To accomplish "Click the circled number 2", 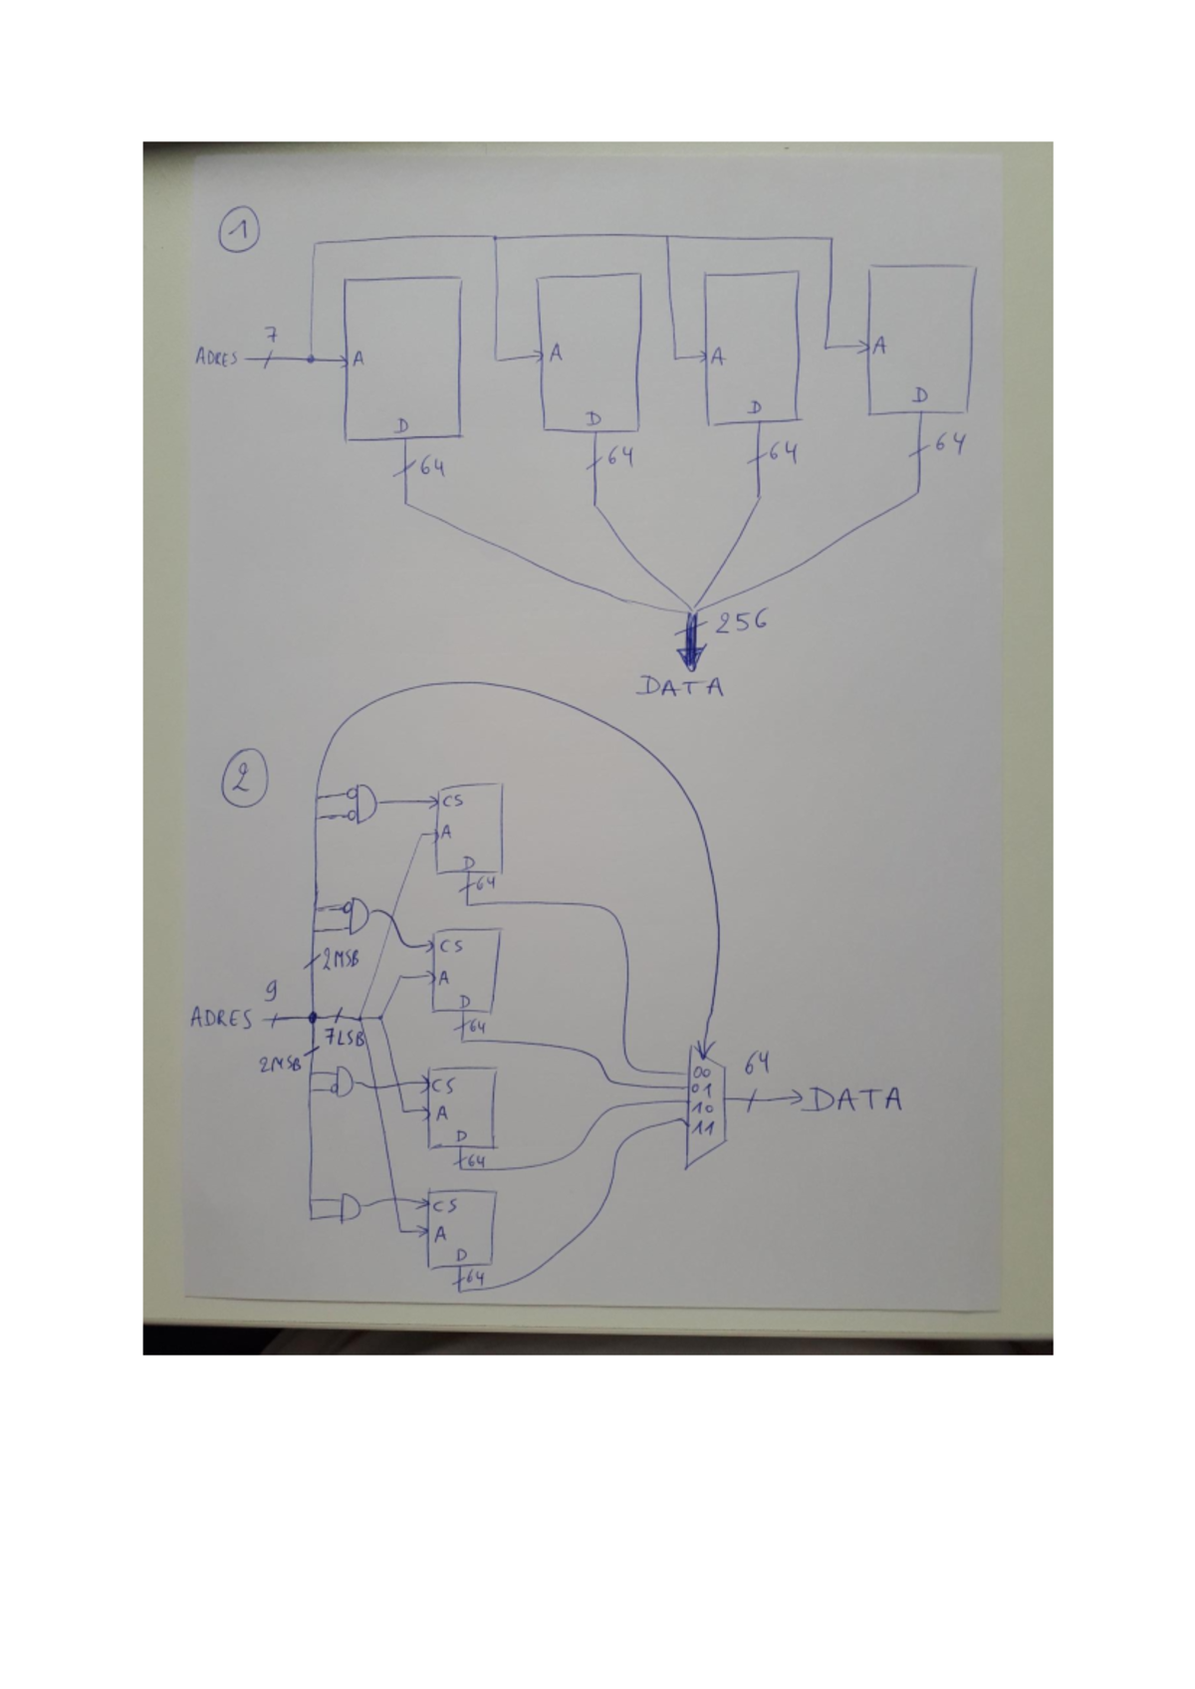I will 242,781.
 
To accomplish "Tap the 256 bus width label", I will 737,621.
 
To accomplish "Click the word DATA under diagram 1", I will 682,686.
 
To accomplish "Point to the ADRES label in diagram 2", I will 221,1019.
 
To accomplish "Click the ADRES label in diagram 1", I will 216,359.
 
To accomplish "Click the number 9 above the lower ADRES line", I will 269,992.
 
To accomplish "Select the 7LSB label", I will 344,1039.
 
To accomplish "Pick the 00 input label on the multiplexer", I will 702,1072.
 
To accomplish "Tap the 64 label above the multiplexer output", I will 757,1064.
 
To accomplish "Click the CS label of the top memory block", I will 452,799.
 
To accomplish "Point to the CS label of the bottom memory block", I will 444,1205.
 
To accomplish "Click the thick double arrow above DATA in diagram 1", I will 689,643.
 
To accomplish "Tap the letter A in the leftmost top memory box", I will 358,360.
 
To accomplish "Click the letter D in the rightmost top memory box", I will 922,395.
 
